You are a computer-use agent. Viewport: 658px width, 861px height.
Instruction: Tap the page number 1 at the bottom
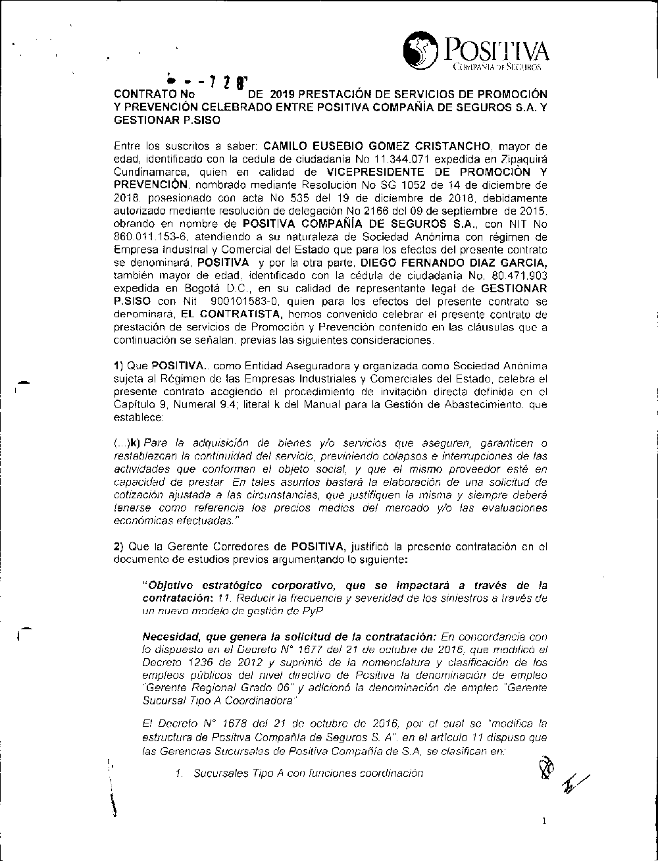pyautogui.click(x=544, y=821)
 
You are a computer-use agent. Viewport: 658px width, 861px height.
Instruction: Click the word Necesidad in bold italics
pyautogui.click(x=168, y=635)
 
